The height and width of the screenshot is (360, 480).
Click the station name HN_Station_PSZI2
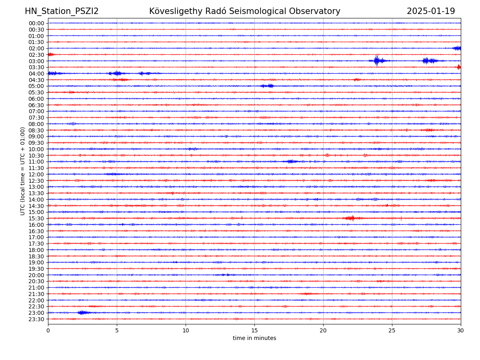[62, 11]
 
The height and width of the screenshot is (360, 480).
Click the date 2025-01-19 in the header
[431, 11]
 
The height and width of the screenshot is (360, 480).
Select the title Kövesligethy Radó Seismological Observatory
[244, 11]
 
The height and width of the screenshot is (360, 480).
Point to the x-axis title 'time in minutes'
[254, 338]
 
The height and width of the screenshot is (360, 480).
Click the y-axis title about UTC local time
[23, 171]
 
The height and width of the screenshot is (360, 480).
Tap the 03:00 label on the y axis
[36, 61]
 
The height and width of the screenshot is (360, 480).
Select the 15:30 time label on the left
[36, 218]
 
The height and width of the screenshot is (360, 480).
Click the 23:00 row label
[36, 313]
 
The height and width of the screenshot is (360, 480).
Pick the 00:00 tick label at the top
[36, 23]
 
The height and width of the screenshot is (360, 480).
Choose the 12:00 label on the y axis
[36, 174]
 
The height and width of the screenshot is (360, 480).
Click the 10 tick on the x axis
[186, 331]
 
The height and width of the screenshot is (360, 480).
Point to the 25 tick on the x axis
[392, 331]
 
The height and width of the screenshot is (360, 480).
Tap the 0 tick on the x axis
[48, 331]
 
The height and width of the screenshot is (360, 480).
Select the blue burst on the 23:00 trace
[83, 312]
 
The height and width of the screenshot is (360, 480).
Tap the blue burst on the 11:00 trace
[290, 161]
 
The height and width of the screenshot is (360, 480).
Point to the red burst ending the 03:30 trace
[459, 67]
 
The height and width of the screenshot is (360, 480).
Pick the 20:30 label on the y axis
[36, 281]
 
